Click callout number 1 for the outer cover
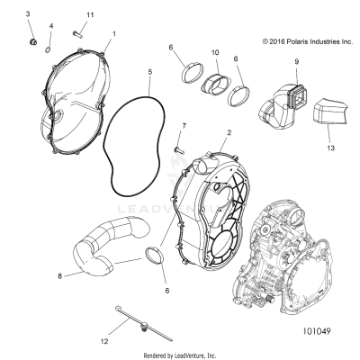click(x=113, y=34)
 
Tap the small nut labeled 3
click(x=31, y=41)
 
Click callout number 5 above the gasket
click(x=149, y=70)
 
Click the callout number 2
click(x=229, y=132)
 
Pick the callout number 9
click(x=295, y=61)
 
